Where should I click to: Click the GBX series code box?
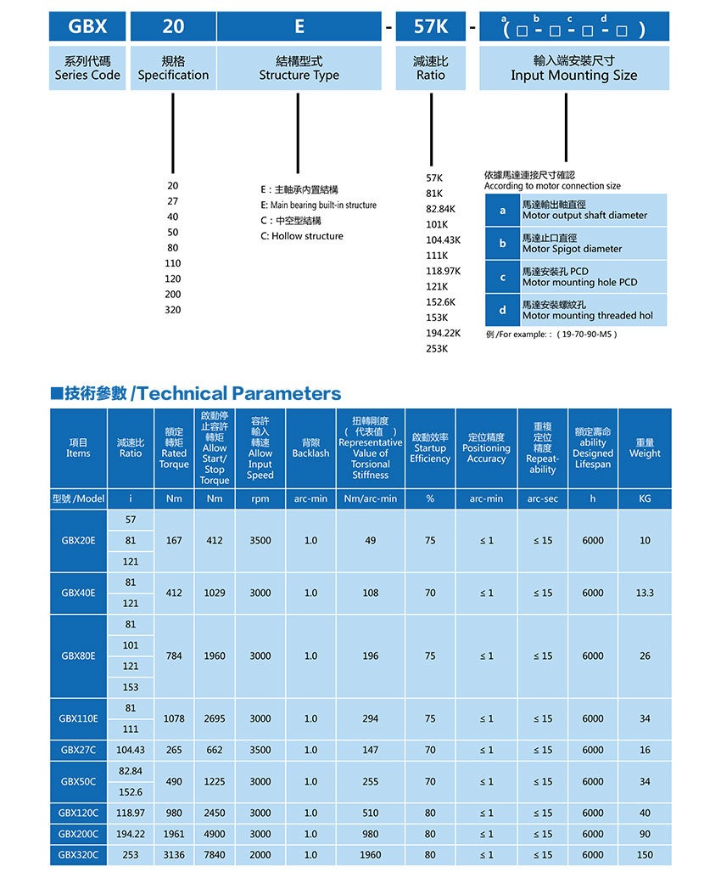point(87,26)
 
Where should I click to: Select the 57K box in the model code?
point(430,26)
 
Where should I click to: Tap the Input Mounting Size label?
point(573,68)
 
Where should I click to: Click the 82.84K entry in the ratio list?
point(441,209)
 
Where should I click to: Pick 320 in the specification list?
point(173,310)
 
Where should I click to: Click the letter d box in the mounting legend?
point(502,310)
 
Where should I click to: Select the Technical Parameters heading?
point(196,393)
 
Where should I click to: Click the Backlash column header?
point(310,447)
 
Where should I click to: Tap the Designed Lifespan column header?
point(593,447)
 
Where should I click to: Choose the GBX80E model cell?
point(78,656)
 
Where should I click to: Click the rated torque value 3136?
point(174,855)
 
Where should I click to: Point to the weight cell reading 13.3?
point(645,593)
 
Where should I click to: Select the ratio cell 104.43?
point(131,750)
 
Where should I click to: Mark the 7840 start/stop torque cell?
point(215,855)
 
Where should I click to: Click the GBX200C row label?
point(78,834)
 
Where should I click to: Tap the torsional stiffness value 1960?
point(370,855)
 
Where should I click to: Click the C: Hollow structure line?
point(302,236)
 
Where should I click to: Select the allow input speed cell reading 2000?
point(260,855)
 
